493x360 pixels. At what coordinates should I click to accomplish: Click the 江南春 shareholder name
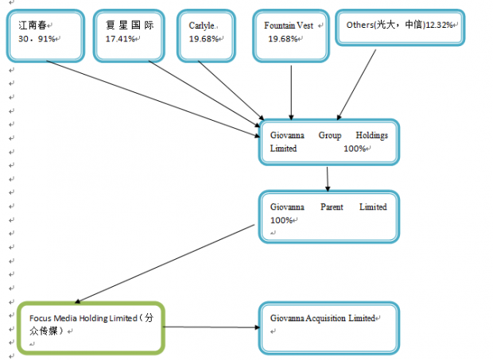pyautogui.click(x=33, y=25)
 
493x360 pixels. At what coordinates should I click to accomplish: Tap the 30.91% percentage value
pyautogui.click(x=37, y=39)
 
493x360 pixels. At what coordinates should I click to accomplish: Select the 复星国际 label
pyautogui.click(x=130, y=25)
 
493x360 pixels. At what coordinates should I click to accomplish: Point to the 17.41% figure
pyautogui.click(x=120, y=39)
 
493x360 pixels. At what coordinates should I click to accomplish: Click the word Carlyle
pyautogui.click(x=201, y=25)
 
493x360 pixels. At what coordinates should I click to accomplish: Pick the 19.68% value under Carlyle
pyautogui.click(x=204, y=39)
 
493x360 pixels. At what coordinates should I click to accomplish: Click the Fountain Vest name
pyautogui.click(x=289, y=25)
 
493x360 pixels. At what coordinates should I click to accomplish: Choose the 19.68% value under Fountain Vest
pyautogui.click(x=282, y=39)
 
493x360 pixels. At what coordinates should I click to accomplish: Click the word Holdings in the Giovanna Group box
pyautogui.click(x=371, y=135)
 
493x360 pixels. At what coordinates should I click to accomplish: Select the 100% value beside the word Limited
pyautogui.click(x=355, y=149)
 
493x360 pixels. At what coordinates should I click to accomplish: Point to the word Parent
pyautogui.click(x=332, y=207)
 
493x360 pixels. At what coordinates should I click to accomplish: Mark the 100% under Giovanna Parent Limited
pyautogui.click(x=281, y=220)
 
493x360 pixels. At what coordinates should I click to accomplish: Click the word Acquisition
pyautogui.click(x=325, y=318)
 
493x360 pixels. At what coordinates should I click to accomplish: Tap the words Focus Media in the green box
pyautogui.click(x=53, y=318)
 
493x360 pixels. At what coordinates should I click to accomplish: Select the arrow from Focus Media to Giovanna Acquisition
pyautogui.click(x=212, y=327)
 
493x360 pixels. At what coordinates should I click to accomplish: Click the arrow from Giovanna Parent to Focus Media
pyautogui.click(x=165, y=264)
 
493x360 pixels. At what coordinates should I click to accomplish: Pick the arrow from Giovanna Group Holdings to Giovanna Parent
pyautogui.click(x=328, y=179)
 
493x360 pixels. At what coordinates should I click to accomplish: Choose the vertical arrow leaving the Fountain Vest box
pyautogui.click(x=291, y=93)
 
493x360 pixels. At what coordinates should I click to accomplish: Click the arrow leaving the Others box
pyautogui.click(x=356, y=85)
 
